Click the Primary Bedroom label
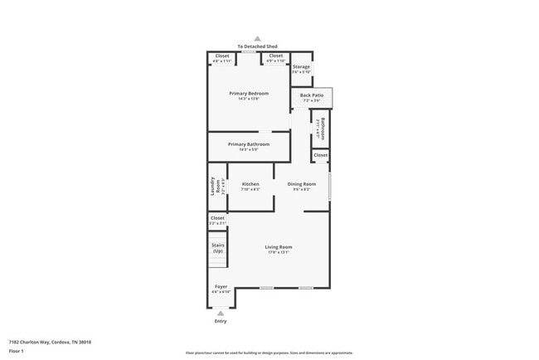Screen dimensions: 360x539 (249, 94)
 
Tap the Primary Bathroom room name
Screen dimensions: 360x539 (249, 144)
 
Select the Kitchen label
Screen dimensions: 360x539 (250, 184)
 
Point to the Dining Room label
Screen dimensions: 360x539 (302, 184)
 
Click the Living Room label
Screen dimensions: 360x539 (279, 247)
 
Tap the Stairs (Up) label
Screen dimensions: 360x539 (218, 248)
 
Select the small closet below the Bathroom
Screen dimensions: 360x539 (321, 155)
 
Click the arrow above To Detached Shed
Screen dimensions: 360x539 (258, 38)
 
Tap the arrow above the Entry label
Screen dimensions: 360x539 (221, 313)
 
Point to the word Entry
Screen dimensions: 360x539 (221, 321)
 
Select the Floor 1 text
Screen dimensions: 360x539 (17, 352)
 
